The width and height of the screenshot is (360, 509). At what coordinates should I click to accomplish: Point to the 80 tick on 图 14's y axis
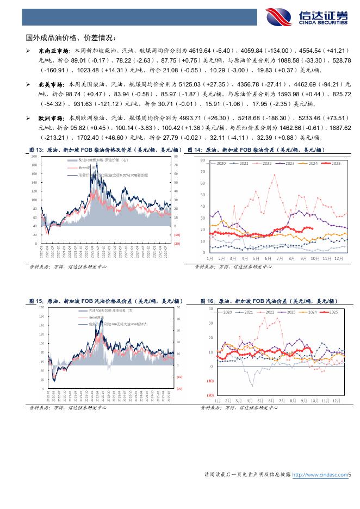coord(202,160)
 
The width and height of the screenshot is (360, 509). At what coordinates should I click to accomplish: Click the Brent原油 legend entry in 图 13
coord(77,168)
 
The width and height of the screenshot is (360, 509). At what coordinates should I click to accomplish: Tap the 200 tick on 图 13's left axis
coord(35,157)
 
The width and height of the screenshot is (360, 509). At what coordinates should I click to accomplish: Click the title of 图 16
coord(269,300)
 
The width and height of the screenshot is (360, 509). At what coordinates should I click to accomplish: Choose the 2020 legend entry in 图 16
coord(225,312)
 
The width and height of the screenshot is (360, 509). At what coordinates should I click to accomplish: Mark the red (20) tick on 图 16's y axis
coord(209,395)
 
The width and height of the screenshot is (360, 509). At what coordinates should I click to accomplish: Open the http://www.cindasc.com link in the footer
coord(320,475)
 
